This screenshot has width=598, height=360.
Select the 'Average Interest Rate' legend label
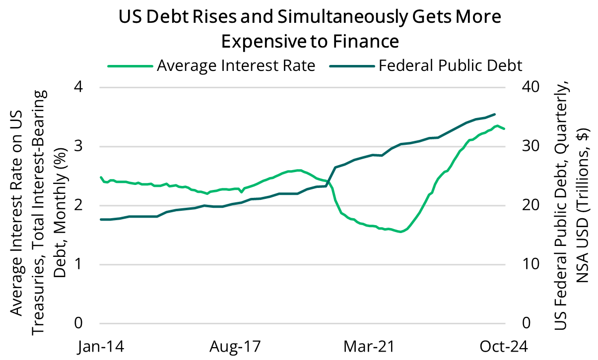tap(236, 65)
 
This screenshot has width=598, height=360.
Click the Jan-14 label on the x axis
tap(101, 346)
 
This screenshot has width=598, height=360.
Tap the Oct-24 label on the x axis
tap(496, 346)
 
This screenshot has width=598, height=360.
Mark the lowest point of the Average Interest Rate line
tap(400, 232)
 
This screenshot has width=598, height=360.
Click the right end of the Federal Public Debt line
tap(495, 114)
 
